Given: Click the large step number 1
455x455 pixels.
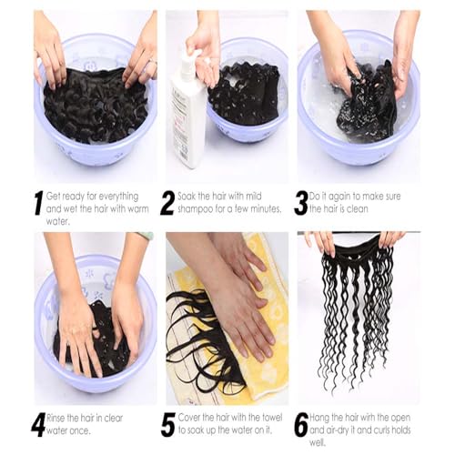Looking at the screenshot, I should click(x=38, y=202).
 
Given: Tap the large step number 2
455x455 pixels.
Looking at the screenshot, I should click(x=167, y=202).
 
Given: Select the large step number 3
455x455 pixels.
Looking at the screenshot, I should click(x=300, y=202).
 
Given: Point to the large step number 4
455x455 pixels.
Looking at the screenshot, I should click(x=38, y=424).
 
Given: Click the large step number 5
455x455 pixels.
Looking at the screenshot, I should click(x=168, y=424).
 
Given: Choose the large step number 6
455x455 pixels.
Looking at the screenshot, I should click(x=300, y=424).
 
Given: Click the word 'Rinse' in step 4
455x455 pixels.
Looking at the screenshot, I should click(x=58, y=418).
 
